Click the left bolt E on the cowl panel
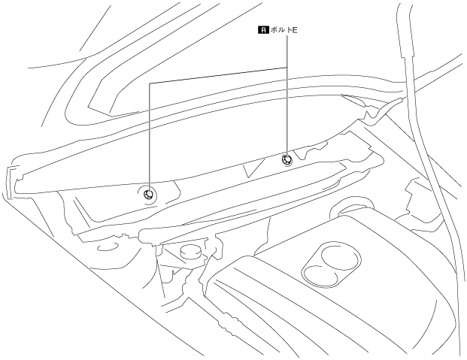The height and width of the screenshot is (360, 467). click(149, 194)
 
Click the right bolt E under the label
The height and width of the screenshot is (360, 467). click(287, 159)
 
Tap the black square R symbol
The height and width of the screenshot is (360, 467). click(262, 32)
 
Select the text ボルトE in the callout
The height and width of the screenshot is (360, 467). click(289, 32)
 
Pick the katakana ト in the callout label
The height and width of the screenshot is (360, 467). click(294, 32)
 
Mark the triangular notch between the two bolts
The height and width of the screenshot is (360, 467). click(254, 169)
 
